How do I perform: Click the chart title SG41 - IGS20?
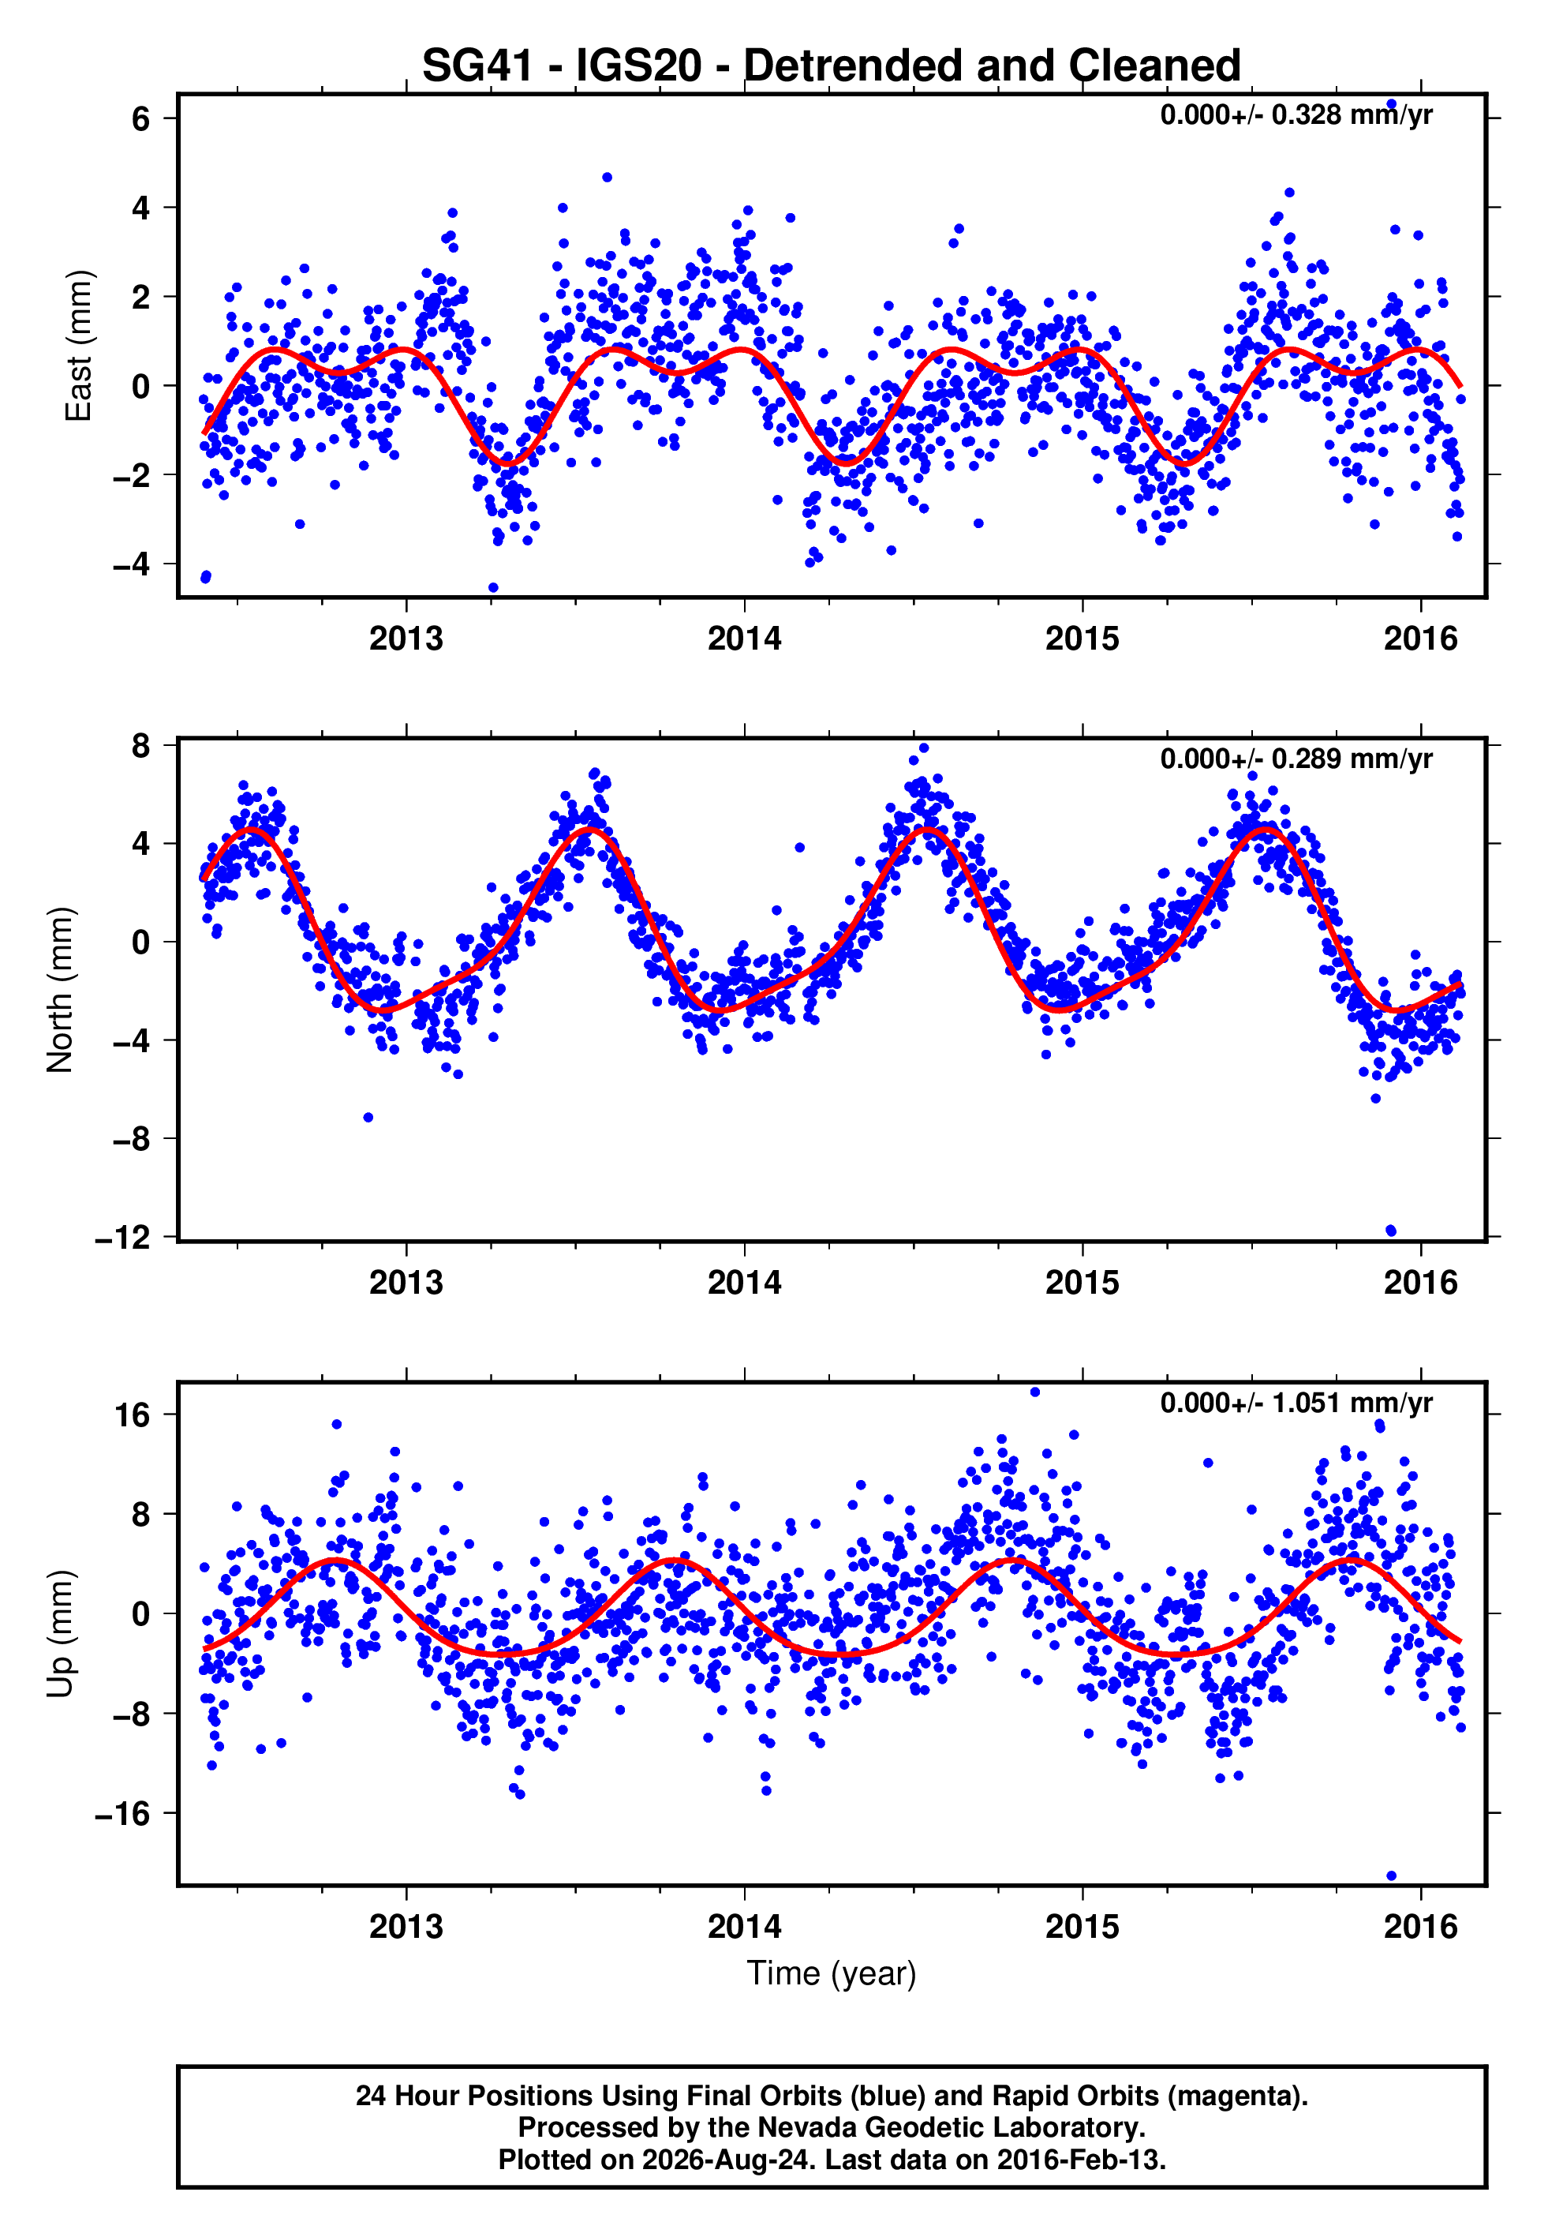[832, 66]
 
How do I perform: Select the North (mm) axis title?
[60, 990]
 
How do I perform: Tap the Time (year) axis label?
[832, 1974]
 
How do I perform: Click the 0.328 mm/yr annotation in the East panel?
[1297, 114]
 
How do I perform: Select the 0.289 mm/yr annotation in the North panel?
[1297, 759]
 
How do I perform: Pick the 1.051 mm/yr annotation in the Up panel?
[1297, 1403]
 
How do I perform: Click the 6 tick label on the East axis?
[141, 118]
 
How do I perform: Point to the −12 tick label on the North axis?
[123, 1238]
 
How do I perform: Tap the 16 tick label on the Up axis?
[133, 1415]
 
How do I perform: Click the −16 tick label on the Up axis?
[123, 1813]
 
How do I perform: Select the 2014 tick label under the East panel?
[744, 639]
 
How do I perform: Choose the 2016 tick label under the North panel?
[1421, 1283]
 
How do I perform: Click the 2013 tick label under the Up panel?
[406, 1927]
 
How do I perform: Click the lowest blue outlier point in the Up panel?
[1391, 1875]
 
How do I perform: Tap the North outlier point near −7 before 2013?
[368, 1118]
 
